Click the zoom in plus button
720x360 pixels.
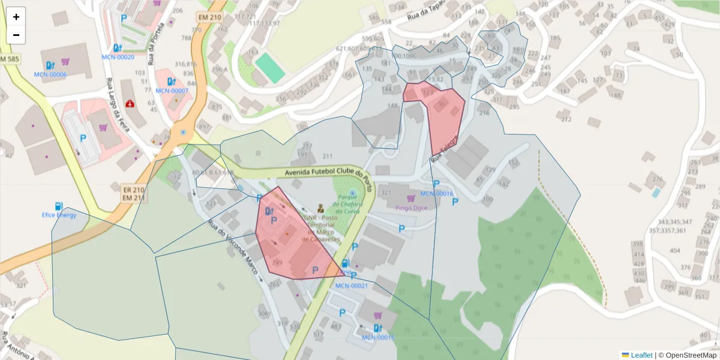pos(16,17)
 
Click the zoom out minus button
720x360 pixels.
pos(16,35)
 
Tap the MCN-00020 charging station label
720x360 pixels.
pos(118,57)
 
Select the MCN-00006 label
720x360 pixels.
pos(50,74)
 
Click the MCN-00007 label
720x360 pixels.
pos(172,91)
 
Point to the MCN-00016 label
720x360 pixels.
pos(436,194)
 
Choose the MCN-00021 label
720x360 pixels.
pos(351,286)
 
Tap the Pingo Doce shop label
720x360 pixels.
pos(411,208)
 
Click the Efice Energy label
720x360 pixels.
pos(59,215)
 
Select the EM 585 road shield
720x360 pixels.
pos(10,59)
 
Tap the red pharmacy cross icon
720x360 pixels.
pos(130,103)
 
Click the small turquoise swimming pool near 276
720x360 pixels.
pos(656,193)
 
